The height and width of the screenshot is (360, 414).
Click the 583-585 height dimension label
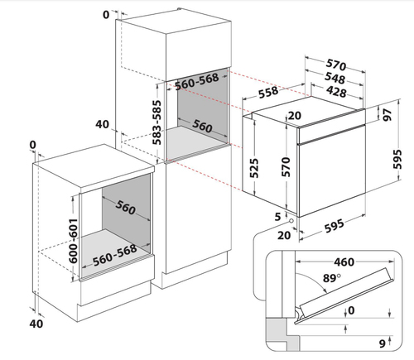tap(157, 122)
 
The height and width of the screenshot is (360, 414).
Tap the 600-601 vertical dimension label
tap(73, 241)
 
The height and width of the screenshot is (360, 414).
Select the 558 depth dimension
tap(268, 92)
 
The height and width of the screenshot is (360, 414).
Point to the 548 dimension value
tap(335, 78)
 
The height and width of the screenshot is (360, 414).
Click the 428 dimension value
tap(336, 91)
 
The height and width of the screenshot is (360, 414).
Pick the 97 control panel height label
tap(388, 114)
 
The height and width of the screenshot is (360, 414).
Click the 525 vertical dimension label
tap(254, 168)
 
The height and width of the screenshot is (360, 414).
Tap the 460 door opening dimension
tap(344, 262)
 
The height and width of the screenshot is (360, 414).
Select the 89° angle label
tap(332, 278)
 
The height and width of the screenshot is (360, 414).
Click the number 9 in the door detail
tap(382, 343)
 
